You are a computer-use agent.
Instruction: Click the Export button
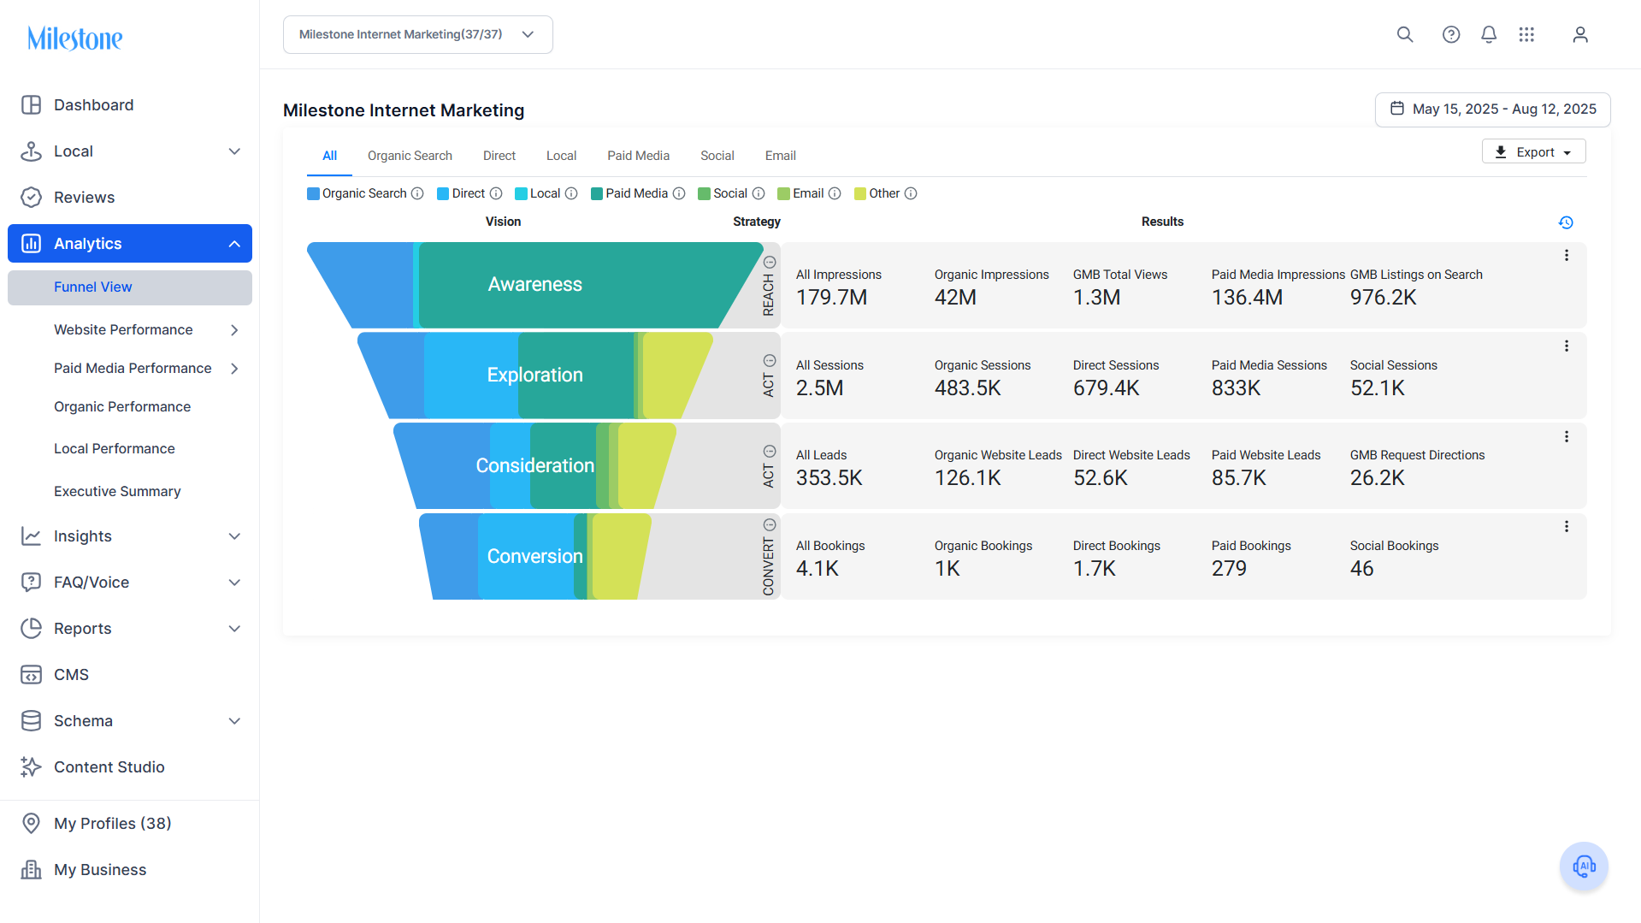pos(1533,151)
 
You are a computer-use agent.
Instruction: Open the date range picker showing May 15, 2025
pos(1492,109)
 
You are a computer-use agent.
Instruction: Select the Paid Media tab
pos(638,156)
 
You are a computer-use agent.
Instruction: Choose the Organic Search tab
pos(410,156)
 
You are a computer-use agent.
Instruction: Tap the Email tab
pos(780,156)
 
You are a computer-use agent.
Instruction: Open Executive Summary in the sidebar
pos(117,491)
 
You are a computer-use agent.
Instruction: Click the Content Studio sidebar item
pos(109,767)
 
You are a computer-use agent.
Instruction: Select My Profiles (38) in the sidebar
pos(112,824)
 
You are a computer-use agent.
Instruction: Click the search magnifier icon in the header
pos(1405,34)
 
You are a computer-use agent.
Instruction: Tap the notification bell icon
pos(1489,34)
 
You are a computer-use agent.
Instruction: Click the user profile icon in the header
pos(1580,34)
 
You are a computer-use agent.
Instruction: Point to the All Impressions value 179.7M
pos(831,298)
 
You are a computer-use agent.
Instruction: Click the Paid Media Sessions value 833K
pos(1236,388)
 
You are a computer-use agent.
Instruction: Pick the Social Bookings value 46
pos(1361,569)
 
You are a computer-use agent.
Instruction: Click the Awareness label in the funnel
pos(534,285)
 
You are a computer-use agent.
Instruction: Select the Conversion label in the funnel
pos(534,557)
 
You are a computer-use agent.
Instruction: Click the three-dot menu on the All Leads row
pos(1567,436)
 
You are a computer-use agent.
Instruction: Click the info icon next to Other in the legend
pos(911,193)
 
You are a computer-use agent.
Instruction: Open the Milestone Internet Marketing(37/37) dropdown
pos(418,34)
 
